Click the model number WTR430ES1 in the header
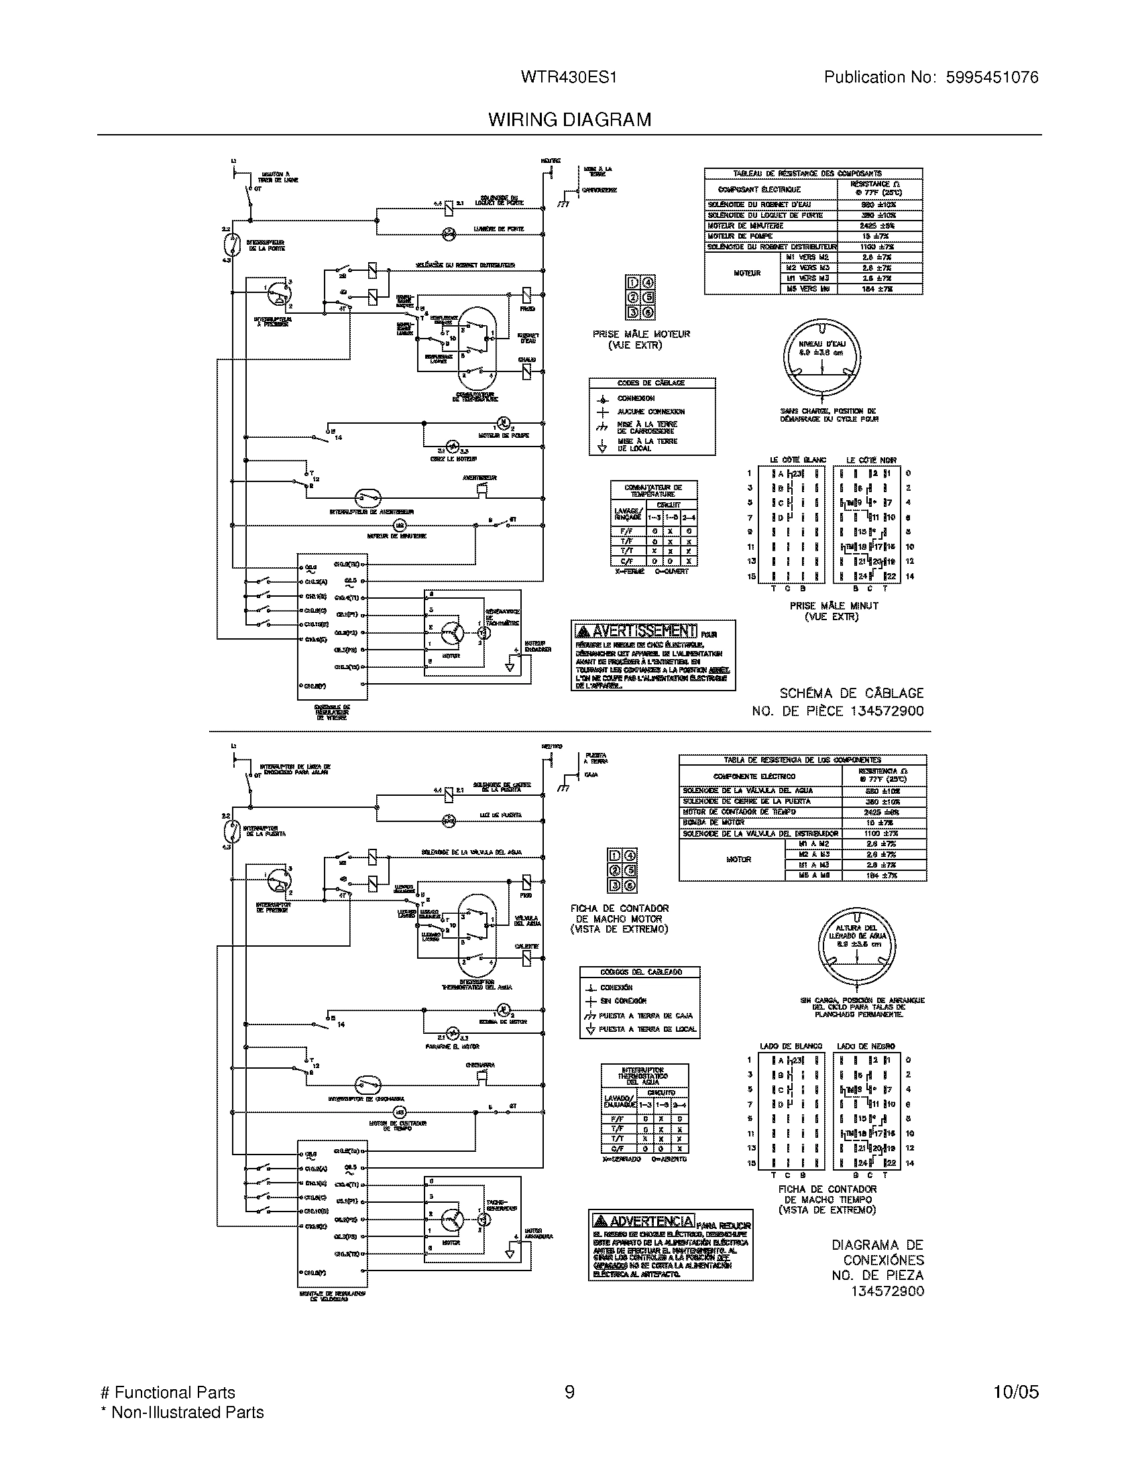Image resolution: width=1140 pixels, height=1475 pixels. pos(568,78)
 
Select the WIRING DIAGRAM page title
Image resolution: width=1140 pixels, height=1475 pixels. pos(569,119)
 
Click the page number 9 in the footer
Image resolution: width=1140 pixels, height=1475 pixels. pos(569,1392)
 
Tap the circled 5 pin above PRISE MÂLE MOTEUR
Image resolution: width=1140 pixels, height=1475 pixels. pos(648,298)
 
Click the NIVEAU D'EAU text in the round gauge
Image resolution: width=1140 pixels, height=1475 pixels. pos(822,344)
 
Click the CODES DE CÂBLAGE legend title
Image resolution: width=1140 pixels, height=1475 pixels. pos(651,383)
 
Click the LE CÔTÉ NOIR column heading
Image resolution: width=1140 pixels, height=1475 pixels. pos(871,460)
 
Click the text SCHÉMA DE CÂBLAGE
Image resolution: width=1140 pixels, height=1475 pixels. pos(851,693)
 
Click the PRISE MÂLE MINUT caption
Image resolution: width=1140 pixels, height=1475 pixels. pos(834,606)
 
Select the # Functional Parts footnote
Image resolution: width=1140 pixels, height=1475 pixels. pos(168,1392)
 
